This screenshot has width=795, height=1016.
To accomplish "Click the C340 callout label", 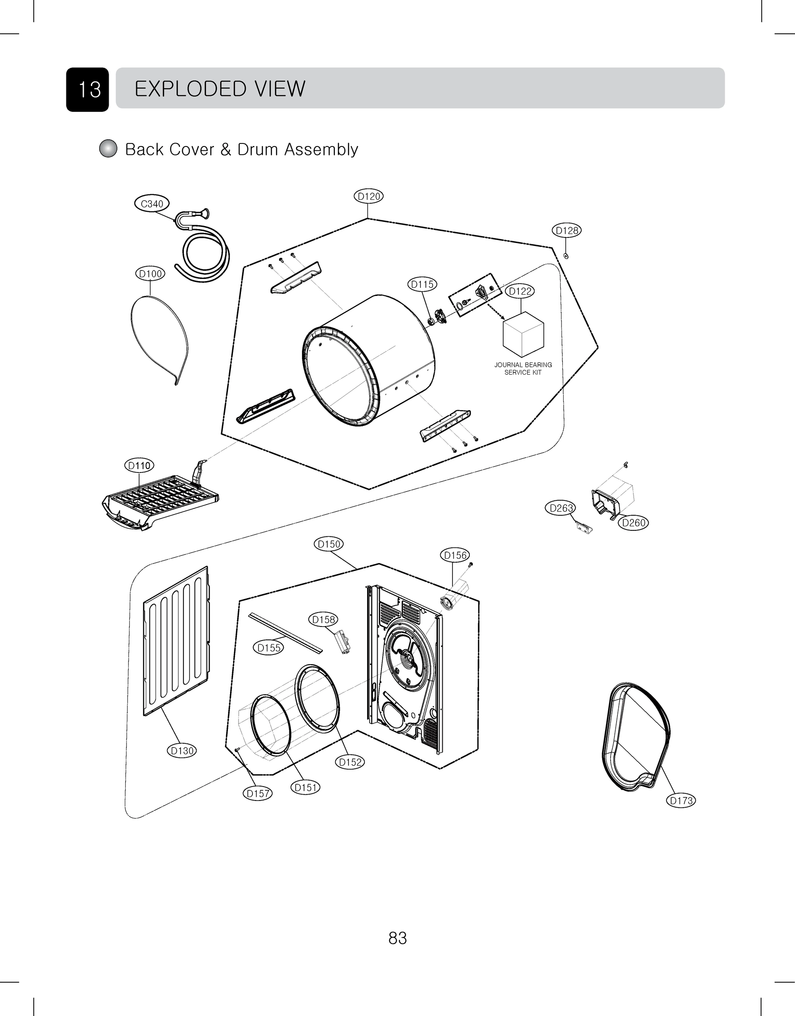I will [x=152, y=204].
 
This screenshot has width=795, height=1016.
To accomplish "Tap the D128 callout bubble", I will [x=567, y=230].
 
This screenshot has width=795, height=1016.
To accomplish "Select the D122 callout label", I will [x=520, y=291].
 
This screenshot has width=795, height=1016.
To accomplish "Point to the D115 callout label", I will [x=422, y=284].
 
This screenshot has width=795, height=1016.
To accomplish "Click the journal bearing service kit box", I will [x=523, y=335].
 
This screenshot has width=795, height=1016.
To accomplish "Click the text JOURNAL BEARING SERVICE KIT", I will [x=523, y=368].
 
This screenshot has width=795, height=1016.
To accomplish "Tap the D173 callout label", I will [x=681, y=801].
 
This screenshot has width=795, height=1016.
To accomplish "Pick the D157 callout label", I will [x=258, y=793].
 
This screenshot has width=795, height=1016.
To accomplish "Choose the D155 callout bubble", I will [x=269, y=648].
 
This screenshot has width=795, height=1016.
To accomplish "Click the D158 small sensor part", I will [x=343, y=642].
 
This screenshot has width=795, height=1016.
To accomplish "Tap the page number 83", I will [x=397, y=938].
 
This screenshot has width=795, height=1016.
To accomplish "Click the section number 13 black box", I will [x=88, y=89].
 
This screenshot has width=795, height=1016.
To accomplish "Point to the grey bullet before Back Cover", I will [x=108, y=149].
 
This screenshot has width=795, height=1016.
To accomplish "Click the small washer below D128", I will [x=565, y=256].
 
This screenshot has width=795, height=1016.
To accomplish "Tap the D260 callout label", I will [x=633, y=523].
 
